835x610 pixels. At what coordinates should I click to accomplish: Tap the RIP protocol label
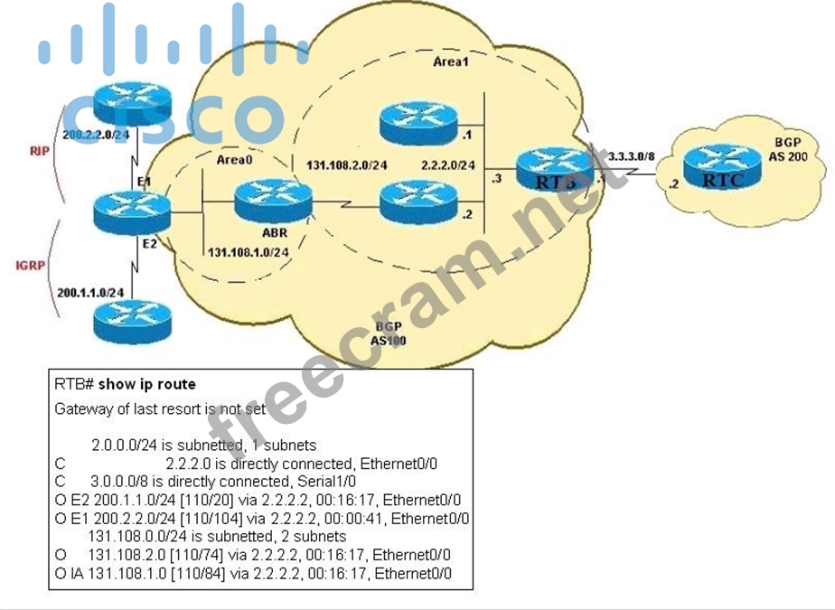(38, 151)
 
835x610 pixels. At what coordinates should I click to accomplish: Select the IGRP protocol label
(30, 266)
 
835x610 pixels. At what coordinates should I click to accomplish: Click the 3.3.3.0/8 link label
(632, 155)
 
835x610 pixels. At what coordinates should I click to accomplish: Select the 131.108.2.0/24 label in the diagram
(347, 165)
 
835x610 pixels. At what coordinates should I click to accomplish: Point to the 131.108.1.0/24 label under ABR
(249, 251)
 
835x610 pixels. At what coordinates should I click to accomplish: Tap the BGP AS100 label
(389, 333)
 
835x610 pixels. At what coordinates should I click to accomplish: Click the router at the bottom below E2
(131, 321)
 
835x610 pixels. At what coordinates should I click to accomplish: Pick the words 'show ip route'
(159, 384)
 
